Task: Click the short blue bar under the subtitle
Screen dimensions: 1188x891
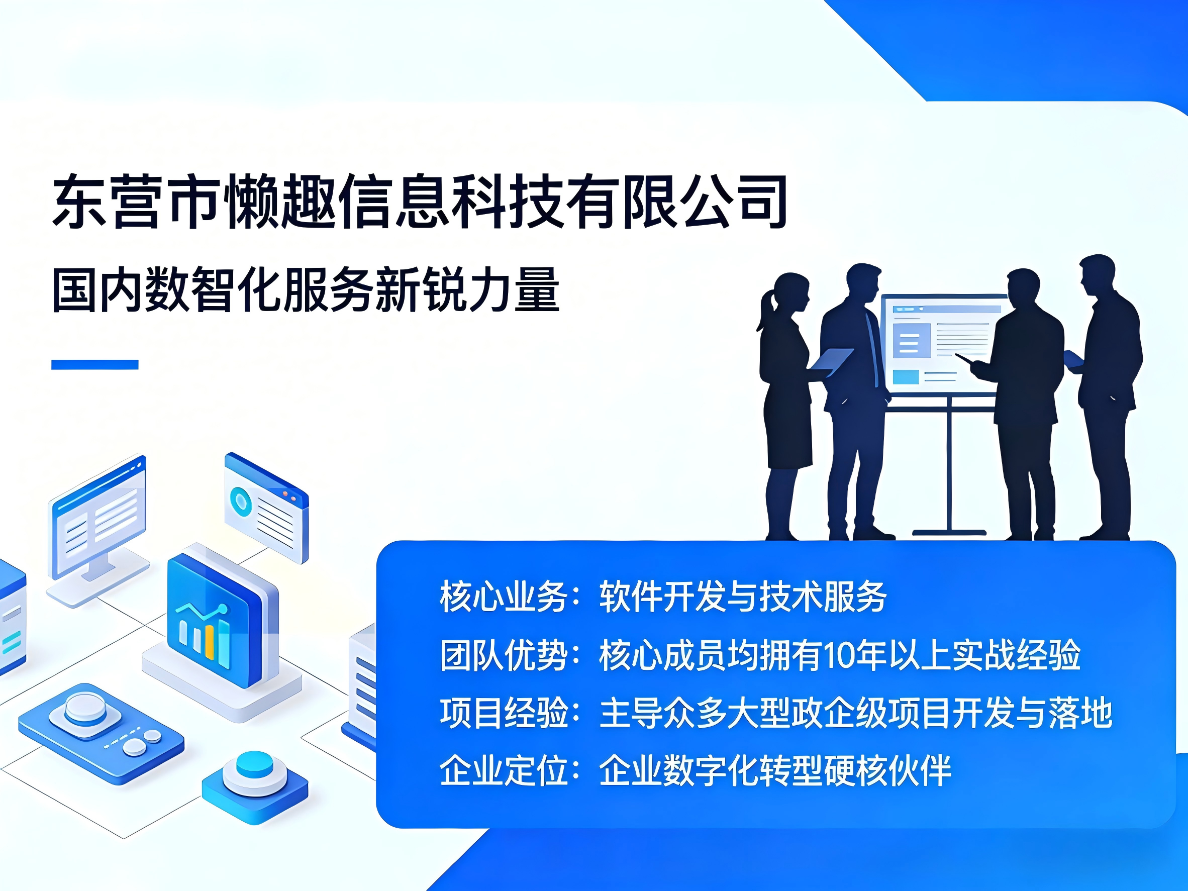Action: [94, 365]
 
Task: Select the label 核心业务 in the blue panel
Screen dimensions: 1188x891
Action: [504, 597]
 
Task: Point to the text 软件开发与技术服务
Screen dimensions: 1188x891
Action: [743, 597]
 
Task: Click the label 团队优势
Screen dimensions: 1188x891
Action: [504, 655]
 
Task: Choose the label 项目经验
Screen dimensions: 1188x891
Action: [504, 713]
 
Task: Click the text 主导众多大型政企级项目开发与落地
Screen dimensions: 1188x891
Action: [855, 713]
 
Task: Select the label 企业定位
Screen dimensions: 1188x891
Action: [504, 771]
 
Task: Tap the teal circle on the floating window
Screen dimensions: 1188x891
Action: [241, 502]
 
